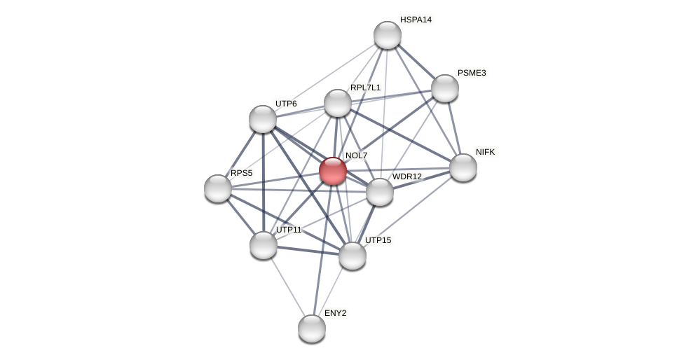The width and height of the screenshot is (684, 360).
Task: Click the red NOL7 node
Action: [333, 171]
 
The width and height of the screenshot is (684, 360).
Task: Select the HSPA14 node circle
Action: [387, 35]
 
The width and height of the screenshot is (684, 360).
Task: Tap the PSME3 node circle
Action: [444, 88]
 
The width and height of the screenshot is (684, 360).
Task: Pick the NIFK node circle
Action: [463, 167]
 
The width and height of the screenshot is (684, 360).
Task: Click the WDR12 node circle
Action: [379, 192]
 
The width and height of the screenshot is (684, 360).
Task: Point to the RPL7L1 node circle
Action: [337, 103]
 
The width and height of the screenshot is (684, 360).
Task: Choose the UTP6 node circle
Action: [263, 119]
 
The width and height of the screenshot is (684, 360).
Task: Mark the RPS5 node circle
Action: [218, 188]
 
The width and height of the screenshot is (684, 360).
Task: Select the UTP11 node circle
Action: [264, 245]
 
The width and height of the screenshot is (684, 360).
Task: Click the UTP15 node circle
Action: [353, 256]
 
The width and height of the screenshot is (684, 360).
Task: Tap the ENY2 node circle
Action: [312, 328]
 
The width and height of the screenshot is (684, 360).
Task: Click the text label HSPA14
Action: [416, 20]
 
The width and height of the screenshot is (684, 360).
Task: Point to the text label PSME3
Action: [472, 73]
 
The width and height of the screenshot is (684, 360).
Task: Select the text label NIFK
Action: [485, 152]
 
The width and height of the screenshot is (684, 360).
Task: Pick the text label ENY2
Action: [335, 313]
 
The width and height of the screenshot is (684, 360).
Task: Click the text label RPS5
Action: [241, 173]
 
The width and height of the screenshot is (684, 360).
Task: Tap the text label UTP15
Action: [378, 240]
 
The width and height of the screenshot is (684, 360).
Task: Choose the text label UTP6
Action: [286, 104]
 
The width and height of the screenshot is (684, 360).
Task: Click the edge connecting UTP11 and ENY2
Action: [287, 286]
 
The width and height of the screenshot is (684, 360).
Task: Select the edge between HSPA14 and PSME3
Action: [416, 62]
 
